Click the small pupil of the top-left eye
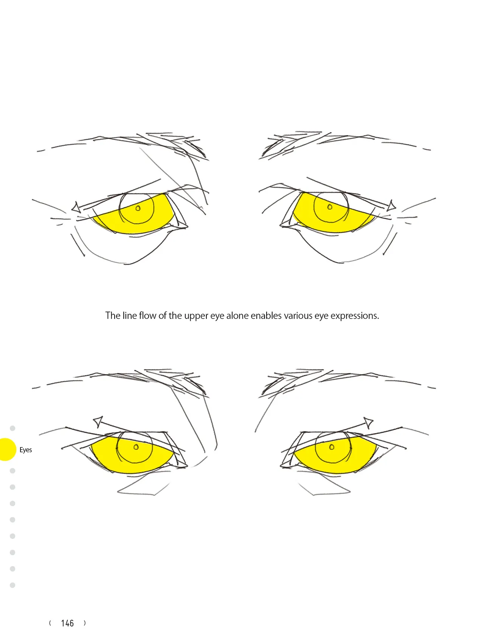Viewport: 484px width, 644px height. (138, 208)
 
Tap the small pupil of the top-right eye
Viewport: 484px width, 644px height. (330, 207)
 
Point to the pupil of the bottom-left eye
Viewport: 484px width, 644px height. (136, 447)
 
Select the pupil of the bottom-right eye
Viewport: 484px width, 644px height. (332, 447)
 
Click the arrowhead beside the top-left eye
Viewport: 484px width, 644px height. (76, 207)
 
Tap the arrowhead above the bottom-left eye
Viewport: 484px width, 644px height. (98, 421)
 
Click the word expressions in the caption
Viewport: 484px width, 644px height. (355, 316)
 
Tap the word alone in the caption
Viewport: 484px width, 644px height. (237, 316)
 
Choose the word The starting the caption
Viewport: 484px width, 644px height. (113, 316)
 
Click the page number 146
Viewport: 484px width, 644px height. (67, 623)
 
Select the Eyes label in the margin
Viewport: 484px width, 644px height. (26, 450)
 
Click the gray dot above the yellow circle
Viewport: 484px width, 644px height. (12, 428)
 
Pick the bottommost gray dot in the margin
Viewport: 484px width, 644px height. (12, 585)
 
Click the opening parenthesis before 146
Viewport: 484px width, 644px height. (50, 623)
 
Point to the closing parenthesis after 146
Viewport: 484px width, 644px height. (85, 623)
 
